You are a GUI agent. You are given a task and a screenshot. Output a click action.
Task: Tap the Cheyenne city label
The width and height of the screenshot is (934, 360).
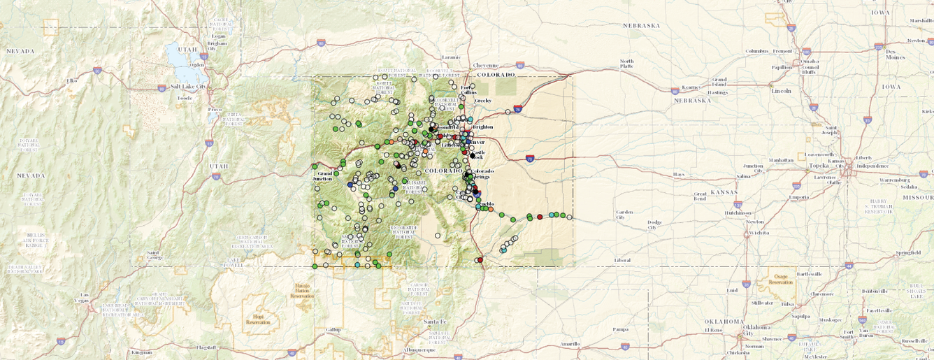click(x=486, y=65)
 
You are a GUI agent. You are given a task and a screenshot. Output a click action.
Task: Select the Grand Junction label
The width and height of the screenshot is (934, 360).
click(x=325, y=176)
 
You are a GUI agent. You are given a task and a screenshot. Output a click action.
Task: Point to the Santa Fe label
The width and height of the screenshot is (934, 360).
click(x=434, y=321)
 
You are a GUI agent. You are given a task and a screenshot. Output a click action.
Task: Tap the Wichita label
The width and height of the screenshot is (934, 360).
click(x=758, y=232)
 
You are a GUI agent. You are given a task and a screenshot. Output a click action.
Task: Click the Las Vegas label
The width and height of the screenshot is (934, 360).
click(x=85, y=298)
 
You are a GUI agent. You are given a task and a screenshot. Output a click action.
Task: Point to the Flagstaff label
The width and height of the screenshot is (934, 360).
click(x=206, y=347)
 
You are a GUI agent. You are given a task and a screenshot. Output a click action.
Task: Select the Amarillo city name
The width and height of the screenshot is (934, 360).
click(x=570, y=344)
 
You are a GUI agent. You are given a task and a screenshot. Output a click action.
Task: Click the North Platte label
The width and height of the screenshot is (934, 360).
click(x=626, y=64)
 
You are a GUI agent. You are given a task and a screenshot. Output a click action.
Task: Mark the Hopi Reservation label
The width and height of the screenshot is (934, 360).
click(x=258, y=319)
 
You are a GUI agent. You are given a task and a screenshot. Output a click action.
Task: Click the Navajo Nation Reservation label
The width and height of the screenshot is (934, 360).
click(x=302, y=290)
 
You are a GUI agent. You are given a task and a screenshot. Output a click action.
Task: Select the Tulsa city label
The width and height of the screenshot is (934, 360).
click(x=788, y=303)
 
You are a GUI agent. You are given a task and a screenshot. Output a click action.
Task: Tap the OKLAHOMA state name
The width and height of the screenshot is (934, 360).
click(x=725, y=321)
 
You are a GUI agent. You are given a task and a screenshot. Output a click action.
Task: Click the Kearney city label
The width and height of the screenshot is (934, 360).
click(x=691, y=87)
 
